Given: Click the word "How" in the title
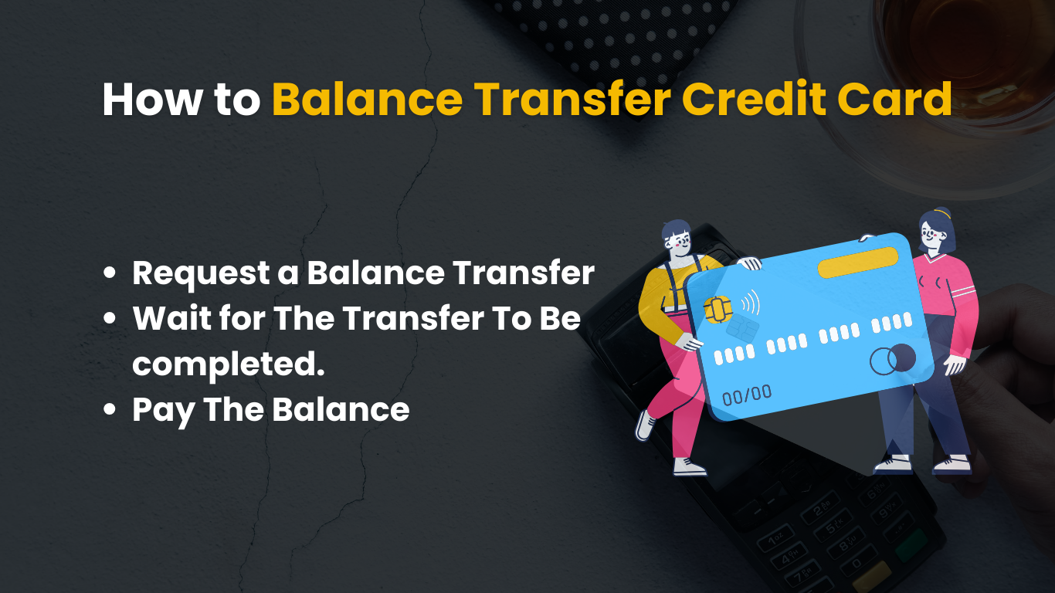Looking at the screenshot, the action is click(x=151, y=100).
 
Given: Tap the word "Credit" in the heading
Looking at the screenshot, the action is click(x=754, y=100).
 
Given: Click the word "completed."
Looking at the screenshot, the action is click(x=229, y=365).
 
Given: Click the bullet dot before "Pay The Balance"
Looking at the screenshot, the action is click(x=109, y=409).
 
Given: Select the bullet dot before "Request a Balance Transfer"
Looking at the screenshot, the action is click(x=109, y=273).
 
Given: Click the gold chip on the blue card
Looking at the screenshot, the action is click(x=717, y=310).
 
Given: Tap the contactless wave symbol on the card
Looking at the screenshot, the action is click(x=751, y=303).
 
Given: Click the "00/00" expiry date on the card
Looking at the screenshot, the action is click(x=747, y=395).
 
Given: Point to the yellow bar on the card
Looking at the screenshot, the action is click(x=858, y=263).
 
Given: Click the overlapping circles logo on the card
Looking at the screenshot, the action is click(x=893, y=360).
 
